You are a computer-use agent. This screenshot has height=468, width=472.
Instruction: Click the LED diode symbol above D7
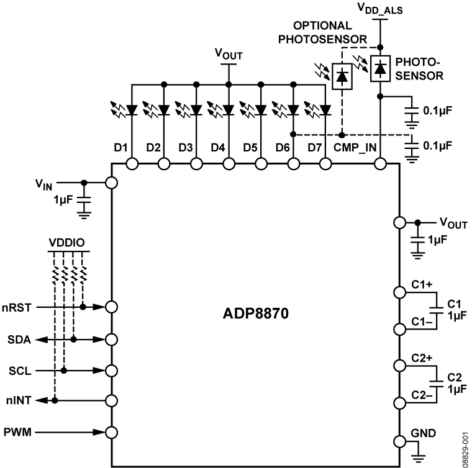(324, 110)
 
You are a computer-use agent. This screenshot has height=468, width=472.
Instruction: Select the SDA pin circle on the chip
(112, 340)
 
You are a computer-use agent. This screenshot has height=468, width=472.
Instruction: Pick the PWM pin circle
(112, 433)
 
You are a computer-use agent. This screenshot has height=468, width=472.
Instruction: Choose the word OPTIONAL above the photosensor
(329, 25)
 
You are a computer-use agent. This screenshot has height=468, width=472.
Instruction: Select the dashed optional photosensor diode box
(341, 76)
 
